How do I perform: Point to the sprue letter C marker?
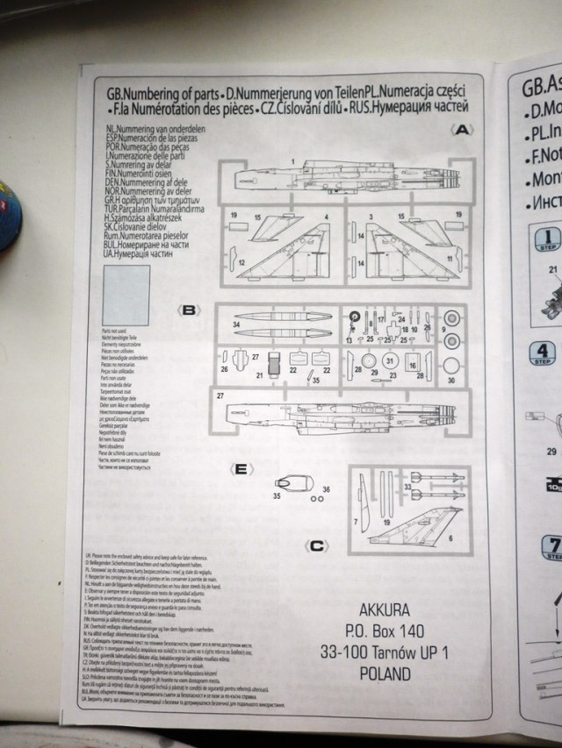click(x=319, y=545)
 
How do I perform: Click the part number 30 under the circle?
click(x=451, y=381)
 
